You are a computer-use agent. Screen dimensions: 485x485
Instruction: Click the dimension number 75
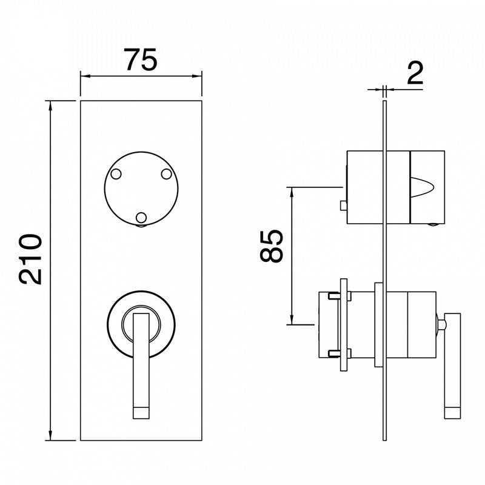(x=141, y=59)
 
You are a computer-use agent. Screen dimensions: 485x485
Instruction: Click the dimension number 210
(x=30, y=259)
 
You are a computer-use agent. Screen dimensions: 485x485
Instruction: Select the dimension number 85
(x=271, y=246)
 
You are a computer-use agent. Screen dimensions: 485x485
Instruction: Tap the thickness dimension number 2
(x=415, y=73)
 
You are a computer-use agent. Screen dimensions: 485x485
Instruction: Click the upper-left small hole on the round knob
(x=116, y=174)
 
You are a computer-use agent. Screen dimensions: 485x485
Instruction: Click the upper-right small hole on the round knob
(x=166, y=174)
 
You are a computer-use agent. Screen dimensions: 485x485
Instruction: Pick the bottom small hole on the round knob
(x=141, y=218)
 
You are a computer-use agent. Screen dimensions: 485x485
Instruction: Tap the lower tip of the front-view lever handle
(x=141, y=419)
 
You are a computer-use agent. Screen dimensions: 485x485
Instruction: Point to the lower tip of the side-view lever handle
(x=452, y=419)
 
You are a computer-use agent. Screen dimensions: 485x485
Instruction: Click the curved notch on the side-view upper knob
(x=422, y=187)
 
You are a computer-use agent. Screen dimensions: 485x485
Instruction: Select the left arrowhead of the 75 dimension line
(x=85, y=76)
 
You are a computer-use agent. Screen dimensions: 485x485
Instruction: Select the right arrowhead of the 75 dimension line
(x=196, y=76)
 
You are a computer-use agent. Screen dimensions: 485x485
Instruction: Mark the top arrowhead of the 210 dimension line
(x=50, y=105)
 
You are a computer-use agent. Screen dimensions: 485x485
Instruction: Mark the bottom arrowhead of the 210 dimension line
(x=50, y=435)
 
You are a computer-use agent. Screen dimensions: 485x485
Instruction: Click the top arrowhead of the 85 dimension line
(x=292, y=192)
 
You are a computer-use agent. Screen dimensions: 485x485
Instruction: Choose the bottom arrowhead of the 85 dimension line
(x=292, y=319)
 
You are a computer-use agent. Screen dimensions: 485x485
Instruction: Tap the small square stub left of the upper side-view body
(x=343, y=206)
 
